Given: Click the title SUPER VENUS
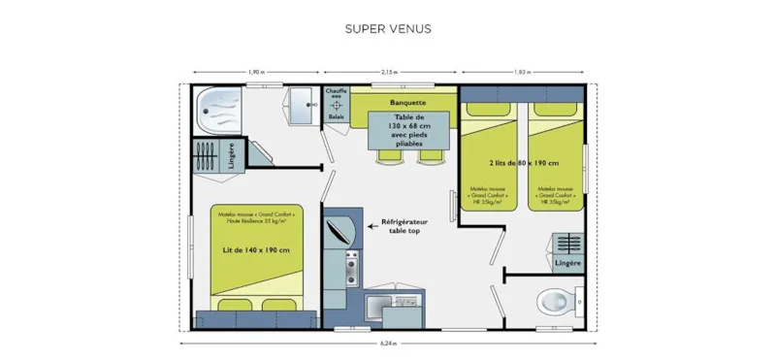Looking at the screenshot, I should coord(387,28).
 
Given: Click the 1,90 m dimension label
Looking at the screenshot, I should coord(256,72).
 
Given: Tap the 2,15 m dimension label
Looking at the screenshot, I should coord(389,72).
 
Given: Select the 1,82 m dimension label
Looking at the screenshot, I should coord(522,72).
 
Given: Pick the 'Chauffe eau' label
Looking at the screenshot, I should coord(336,95).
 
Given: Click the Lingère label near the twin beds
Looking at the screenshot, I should coord(567,263).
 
